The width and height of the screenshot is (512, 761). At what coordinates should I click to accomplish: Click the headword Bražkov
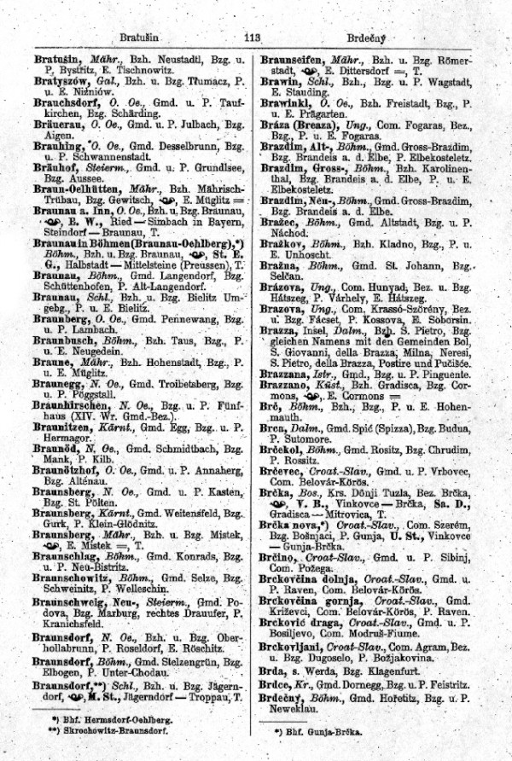pyautogui.click(x=284, y=243)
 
